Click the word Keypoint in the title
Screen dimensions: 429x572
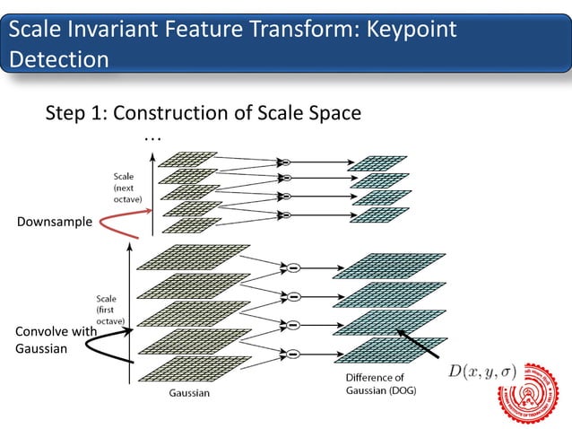click(407, 30)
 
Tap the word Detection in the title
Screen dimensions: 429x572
click(59, 59)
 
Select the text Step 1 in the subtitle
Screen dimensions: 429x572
click(74, 114)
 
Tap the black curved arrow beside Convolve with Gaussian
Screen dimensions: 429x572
click(113, 340)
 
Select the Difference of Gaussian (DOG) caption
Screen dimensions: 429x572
click(380, 384)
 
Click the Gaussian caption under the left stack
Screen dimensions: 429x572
click(191, 392)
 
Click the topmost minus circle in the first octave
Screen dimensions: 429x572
click(292, 267)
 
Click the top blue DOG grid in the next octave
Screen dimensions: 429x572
click(377, 162)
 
